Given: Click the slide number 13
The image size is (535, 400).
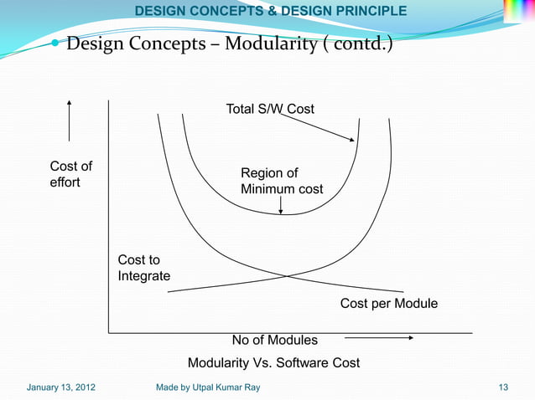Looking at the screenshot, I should [503, 387].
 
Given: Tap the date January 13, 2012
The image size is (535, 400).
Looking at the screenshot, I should [60, 387].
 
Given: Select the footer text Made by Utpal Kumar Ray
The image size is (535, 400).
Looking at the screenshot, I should [208, 387].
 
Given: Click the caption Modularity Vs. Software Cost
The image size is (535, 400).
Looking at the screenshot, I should [273, 363].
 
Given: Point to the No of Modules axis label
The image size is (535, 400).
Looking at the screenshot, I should [275, 340].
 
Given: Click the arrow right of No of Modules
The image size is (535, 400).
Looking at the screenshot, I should [379, 339].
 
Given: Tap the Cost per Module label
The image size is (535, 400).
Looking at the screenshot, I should [389, 303].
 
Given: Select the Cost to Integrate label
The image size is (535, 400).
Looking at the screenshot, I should [143, 268].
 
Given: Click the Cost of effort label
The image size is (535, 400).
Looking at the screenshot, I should [70, 174].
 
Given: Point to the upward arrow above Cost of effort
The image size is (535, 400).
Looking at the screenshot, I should [69, 121].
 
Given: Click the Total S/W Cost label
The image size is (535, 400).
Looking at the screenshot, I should [270, 110].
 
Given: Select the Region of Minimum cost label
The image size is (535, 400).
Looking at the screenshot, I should [281, 181].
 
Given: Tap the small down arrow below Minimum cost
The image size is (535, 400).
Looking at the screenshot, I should [281, 206].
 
